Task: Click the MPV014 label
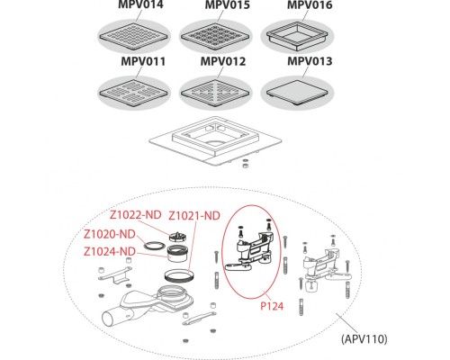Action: [x=140, y=4]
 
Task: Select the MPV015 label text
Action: [x=228, y=4]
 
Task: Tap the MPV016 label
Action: [x=310, y=4]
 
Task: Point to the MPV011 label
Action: [x=143, y=61]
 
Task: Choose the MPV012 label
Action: [x=223, y=61]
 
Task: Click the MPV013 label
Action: [x=310, y=61]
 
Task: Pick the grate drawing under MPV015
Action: [x=216, y=37]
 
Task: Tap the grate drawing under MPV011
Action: [x=133, y=92]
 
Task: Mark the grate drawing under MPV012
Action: [x=216, y=92]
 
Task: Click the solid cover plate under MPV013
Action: [x=297, y=92]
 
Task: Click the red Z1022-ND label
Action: [x=136, y=215]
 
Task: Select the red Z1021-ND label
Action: [x=194, y=216]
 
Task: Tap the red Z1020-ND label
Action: [x=110, y=234]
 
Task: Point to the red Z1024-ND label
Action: [x=110, y=251]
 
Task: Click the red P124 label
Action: [x=272, y=306]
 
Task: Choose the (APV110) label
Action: [x=364, y=339]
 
